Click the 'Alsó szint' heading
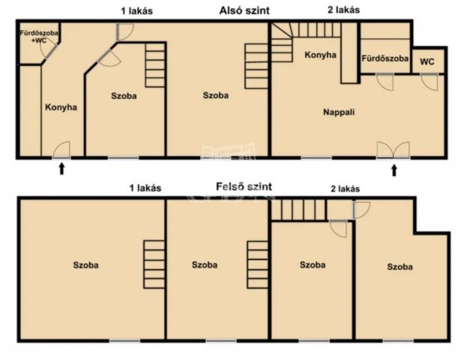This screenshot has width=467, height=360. [244, 10]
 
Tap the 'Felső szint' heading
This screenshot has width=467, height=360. [244, 187]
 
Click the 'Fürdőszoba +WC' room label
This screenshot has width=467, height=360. [39, 36]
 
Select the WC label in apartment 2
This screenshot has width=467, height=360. [427, 61]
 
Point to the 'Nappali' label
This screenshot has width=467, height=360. [339, 112]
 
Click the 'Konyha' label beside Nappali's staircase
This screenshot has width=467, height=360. [320, 55]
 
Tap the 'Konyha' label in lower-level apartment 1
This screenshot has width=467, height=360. [61, 107]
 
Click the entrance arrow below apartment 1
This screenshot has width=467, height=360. [61, 169]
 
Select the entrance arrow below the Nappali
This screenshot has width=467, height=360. [394, 170]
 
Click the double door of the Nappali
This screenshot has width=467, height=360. [393, 150]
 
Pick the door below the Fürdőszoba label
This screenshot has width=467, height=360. [385, 81]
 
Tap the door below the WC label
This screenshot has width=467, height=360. [430, 81]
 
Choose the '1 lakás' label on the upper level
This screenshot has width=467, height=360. [145, 188]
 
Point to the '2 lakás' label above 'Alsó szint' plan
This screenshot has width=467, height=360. [344, 10]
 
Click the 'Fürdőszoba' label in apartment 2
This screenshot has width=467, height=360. [385, 58]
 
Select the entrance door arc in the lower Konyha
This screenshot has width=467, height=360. [61, 149]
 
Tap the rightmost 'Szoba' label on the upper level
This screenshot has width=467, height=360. [400, 267]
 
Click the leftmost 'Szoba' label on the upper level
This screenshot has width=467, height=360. [85, 265]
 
